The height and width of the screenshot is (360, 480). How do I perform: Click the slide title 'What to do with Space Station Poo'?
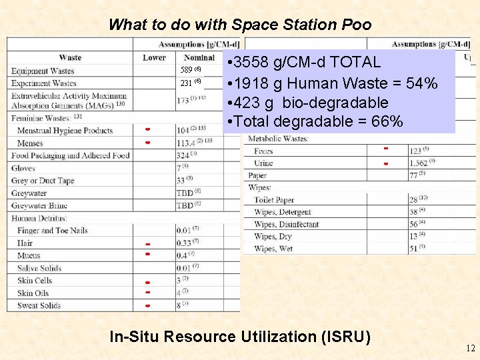239,25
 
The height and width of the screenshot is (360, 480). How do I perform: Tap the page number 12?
471,348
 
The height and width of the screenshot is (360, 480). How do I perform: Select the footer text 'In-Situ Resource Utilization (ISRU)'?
240,337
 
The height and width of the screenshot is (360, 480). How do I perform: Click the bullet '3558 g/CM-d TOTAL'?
304,63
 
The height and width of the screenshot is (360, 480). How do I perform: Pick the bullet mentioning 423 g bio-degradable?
307,103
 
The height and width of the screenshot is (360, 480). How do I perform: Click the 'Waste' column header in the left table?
70,58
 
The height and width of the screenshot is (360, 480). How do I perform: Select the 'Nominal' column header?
199,58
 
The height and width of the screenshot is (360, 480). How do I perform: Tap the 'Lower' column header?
154,58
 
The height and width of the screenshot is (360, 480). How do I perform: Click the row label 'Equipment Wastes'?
43,71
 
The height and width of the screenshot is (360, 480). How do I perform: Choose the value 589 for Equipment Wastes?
187,70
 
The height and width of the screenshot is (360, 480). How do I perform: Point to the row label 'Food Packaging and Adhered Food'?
70,155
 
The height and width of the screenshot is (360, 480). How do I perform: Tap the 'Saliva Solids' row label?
39,268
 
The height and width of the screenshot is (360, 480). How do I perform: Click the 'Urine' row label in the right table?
263,163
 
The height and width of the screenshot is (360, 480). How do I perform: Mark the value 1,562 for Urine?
419,163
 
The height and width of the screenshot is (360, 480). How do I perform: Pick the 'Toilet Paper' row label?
274,200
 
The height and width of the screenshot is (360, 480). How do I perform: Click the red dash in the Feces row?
385,148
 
